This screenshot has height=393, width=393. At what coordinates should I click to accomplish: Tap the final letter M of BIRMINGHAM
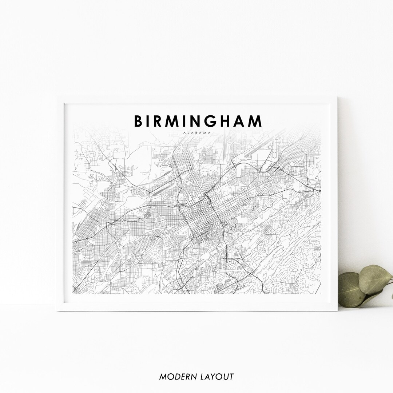(255, 121)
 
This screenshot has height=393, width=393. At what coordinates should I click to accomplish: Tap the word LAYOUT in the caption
(217, 377)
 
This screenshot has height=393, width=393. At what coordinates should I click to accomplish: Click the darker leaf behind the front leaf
(351, 289)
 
